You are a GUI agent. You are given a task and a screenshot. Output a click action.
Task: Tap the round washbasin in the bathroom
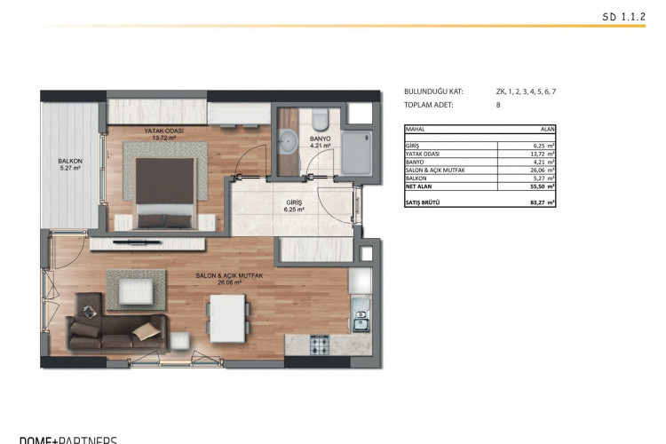click(288, 139)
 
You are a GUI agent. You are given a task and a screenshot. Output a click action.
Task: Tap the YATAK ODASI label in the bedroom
click(163, 133)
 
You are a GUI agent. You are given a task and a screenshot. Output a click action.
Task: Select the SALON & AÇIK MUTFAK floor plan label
click(230, 278)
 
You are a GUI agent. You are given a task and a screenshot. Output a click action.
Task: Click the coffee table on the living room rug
click(136, 288)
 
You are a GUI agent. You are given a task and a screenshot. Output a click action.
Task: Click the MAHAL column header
click(416, 130)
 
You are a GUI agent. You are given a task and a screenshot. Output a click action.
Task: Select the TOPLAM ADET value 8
click(498, 105)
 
